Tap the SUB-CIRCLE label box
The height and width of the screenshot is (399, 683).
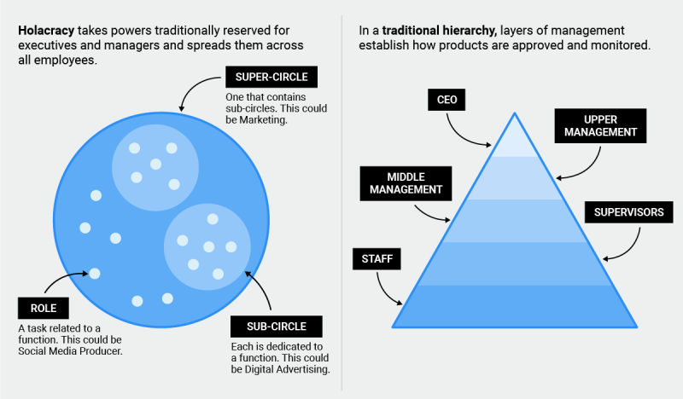[x=268, y=326]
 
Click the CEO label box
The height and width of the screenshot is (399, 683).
[x=447, y=100]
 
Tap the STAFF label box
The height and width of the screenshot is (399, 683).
[x=375, y=258]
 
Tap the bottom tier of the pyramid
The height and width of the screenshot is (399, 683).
[x=515, y=307]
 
